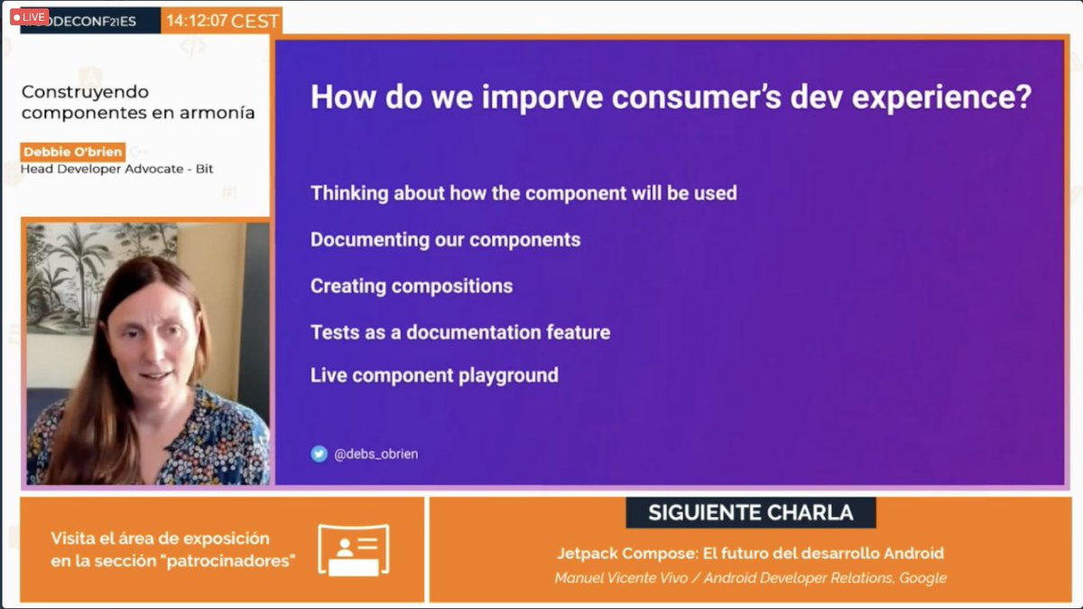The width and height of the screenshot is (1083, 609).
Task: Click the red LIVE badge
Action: [29, 16]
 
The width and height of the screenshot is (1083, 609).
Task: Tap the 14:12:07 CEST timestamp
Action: [222, 20]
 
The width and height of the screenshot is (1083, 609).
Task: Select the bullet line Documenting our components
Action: [445, 240]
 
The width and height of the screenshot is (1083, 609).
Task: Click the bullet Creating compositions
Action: [412, 286]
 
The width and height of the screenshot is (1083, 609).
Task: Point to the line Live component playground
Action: [434, 375]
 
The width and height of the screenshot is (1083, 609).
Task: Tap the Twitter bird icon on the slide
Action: [319, 454]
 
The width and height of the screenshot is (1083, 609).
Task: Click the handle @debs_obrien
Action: [376, 455]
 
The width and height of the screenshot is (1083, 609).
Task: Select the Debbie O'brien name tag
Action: [73, 152]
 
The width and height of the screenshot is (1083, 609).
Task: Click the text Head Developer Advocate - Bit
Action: [116, 169]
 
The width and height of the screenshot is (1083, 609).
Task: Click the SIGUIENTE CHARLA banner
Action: [750, 512]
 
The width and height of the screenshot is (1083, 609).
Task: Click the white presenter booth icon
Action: [353, 549]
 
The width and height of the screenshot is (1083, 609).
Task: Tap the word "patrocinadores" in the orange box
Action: [238, 561]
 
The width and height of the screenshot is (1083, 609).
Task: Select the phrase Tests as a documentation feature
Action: [460, 332]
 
